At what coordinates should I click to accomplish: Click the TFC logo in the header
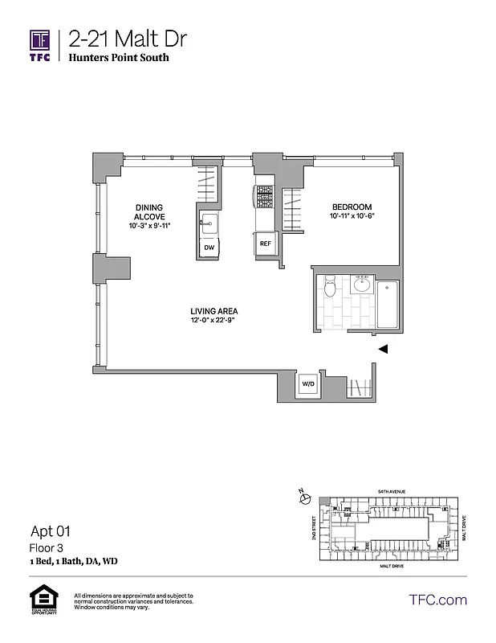pos(40,45)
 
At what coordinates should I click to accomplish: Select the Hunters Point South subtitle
pos(119,59)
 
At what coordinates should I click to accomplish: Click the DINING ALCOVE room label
pos(149,212)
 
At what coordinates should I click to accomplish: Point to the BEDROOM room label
pos(351,207)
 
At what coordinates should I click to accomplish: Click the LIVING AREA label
pos(213,312)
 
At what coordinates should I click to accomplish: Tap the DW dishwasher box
pos(209,248)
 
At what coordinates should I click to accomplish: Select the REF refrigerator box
pos(264,242)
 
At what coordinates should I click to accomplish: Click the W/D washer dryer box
pos(308,385)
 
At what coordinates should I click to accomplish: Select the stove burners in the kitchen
pos(264,196)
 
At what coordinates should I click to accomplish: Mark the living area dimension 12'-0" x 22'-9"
pos(213,321)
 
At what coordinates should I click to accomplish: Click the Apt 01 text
pos(51,530)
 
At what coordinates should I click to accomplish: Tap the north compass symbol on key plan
pos(303,498)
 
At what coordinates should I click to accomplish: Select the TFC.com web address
pos(437,600)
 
